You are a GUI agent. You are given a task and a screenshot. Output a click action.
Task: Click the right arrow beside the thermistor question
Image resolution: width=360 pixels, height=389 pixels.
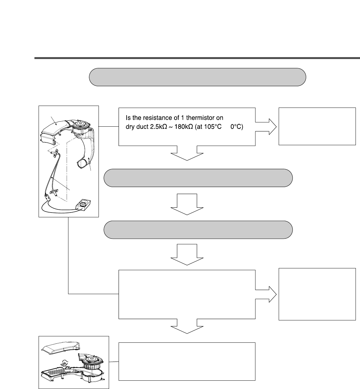click(267, 126)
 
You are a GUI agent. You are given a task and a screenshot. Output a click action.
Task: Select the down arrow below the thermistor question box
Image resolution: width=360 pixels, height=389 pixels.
click(187, 153)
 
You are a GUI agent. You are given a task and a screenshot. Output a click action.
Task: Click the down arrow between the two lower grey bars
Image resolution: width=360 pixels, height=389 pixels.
click(187, 204)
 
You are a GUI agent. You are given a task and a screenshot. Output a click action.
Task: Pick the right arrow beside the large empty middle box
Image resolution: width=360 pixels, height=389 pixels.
click(267, 294)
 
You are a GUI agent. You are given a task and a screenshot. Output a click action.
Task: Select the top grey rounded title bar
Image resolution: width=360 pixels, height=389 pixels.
click(197, 77)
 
